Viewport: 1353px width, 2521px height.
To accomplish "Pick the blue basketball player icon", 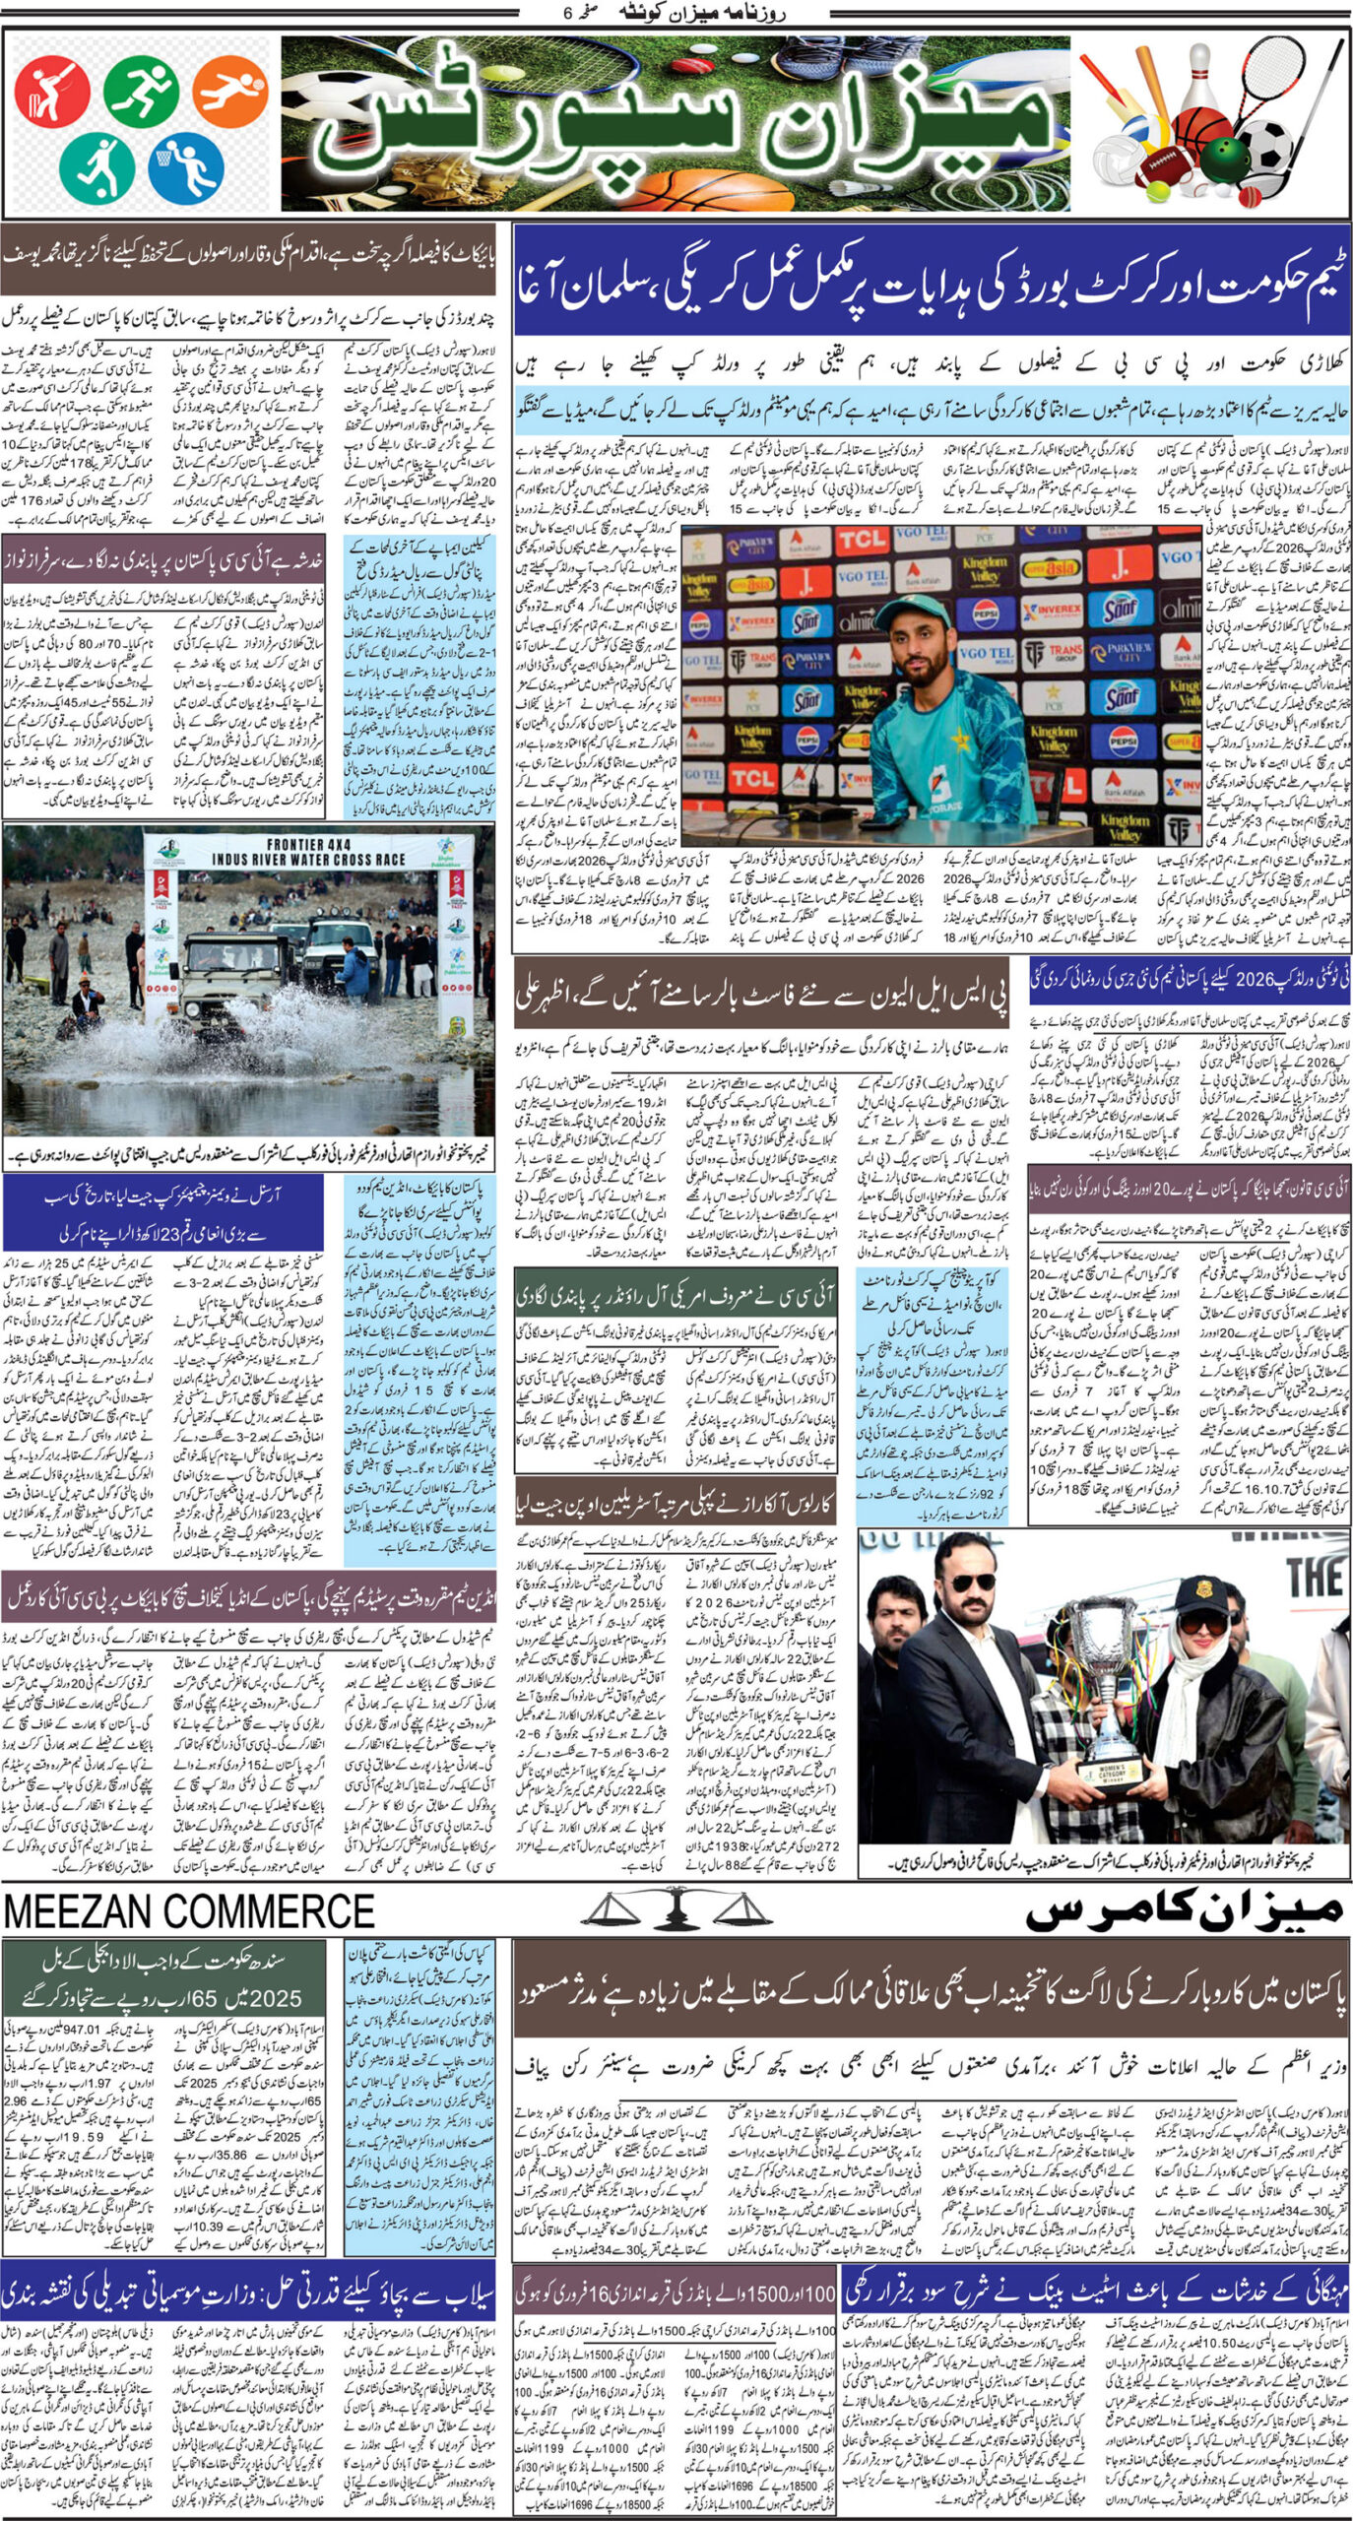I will [x=185, y=165].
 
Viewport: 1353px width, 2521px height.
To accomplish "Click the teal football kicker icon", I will [x=97, y=166].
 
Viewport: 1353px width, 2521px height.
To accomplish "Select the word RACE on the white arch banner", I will [x=379, y=859].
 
